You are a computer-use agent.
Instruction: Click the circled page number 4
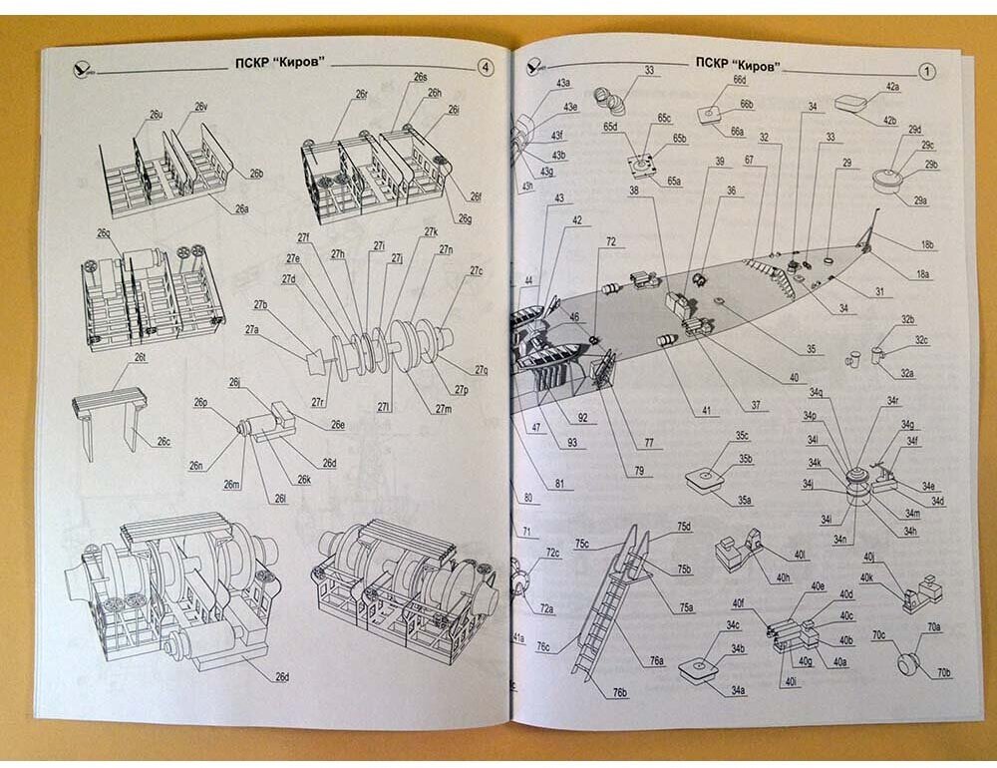484,68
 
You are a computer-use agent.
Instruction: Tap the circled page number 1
926,71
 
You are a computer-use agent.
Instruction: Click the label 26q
104,232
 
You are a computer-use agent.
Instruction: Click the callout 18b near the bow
927,244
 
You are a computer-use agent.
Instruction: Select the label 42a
889,87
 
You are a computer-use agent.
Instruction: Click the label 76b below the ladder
619,692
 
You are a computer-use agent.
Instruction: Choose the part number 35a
743,500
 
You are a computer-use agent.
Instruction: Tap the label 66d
739,79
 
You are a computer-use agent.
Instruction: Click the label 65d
610,128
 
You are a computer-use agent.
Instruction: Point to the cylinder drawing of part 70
908,661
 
